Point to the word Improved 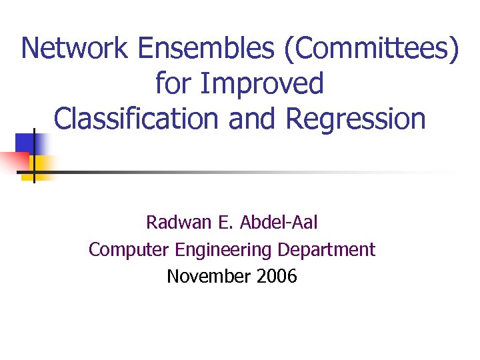[263, 84]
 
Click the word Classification [135, 119]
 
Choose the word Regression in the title [355, 119]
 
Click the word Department [327, 250]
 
